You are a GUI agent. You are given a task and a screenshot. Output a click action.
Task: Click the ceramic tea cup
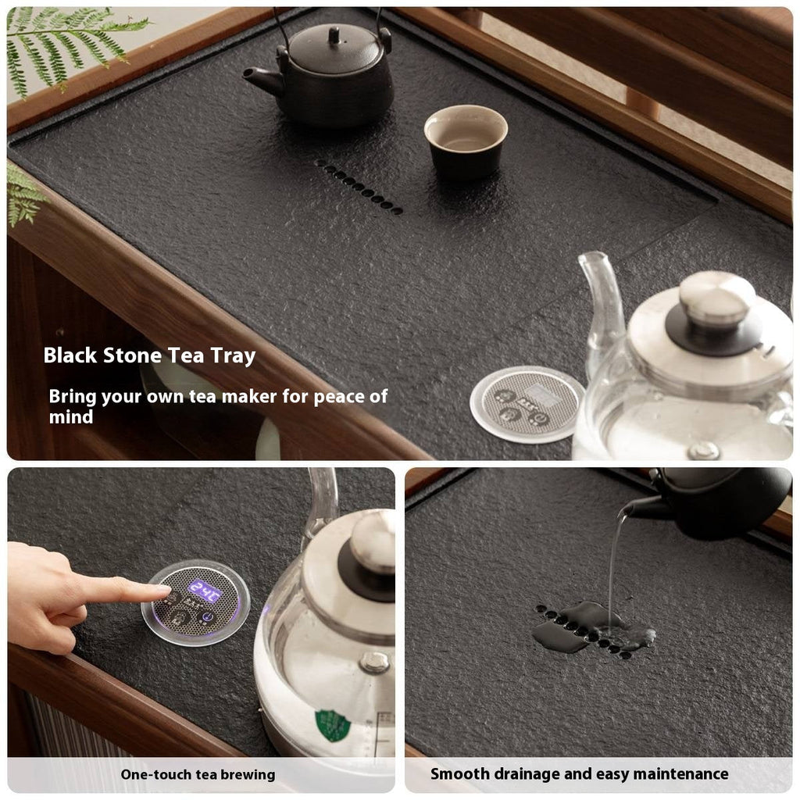tap(466, 141)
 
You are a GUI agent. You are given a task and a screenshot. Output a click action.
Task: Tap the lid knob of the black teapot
tap(334, 36)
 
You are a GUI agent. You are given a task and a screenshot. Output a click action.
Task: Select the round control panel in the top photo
tap(527, 404)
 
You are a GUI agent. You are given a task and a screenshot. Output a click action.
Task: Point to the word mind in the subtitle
tap(71, 417)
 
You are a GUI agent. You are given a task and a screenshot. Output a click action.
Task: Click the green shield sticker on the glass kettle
tap(333, 725)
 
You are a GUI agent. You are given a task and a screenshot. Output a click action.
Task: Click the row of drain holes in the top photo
tap(359, 186)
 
